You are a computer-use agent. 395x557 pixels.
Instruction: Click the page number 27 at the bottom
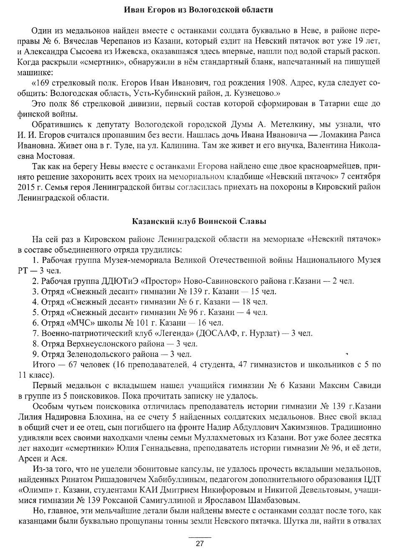[199, 544]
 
